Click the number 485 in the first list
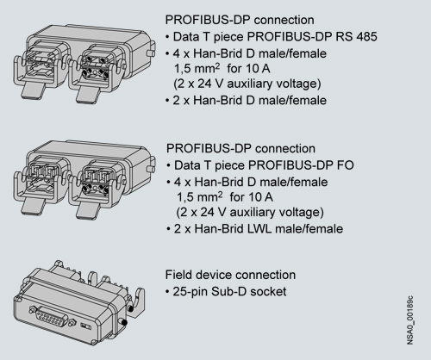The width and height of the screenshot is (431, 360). point(365,37)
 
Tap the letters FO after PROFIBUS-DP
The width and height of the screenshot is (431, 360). point(346,165)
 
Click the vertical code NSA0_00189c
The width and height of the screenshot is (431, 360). point(410,320)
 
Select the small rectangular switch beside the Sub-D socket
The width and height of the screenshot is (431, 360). point(85,326)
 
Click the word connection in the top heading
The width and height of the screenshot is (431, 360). point(284,20)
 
